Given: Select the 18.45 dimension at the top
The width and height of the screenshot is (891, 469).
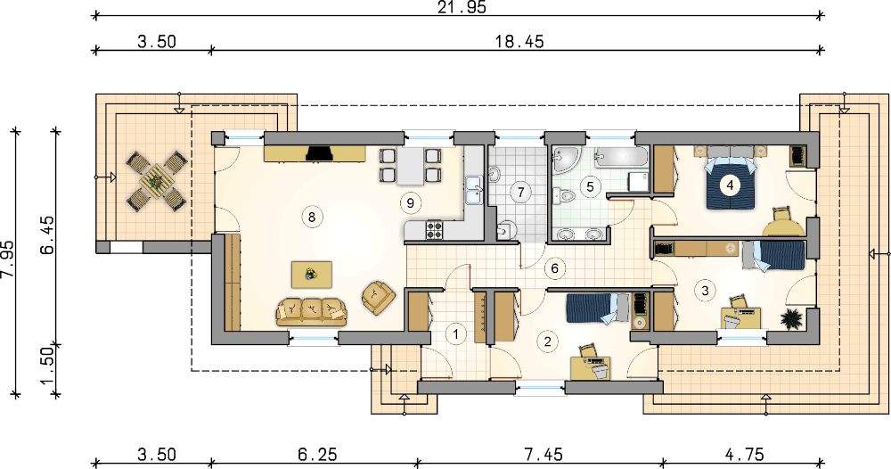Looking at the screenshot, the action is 520,42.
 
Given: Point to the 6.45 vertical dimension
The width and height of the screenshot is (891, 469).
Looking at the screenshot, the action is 48,235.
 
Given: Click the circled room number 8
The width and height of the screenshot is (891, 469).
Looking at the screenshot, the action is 311,217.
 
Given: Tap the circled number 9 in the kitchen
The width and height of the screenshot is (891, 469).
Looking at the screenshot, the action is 410,202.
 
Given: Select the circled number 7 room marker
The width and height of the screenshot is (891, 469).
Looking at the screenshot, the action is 520,192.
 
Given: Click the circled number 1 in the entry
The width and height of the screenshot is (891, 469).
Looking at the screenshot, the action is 455,333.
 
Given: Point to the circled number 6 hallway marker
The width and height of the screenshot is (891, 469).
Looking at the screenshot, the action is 555,268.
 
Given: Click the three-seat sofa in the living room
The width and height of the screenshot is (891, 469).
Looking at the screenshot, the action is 311,311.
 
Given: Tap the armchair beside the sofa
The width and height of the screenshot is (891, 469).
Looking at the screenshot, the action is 378,297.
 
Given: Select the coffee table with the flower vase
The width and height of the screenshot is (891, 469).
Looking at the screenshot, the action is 312,274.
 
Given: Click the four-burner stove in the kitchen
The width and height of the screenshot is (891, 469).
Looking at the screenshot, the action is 434,230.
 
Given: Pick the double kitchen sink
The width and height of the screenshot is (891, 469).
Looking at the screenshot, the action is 473,189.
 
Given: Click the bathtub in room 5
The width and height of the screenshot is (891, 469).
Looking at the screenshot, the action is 622,157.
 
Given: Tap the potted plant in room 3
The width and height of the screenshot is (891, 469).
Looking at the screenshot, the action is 791,319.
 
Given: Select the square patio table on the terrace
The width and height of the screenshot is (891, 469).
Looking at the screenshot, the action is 156,181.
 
